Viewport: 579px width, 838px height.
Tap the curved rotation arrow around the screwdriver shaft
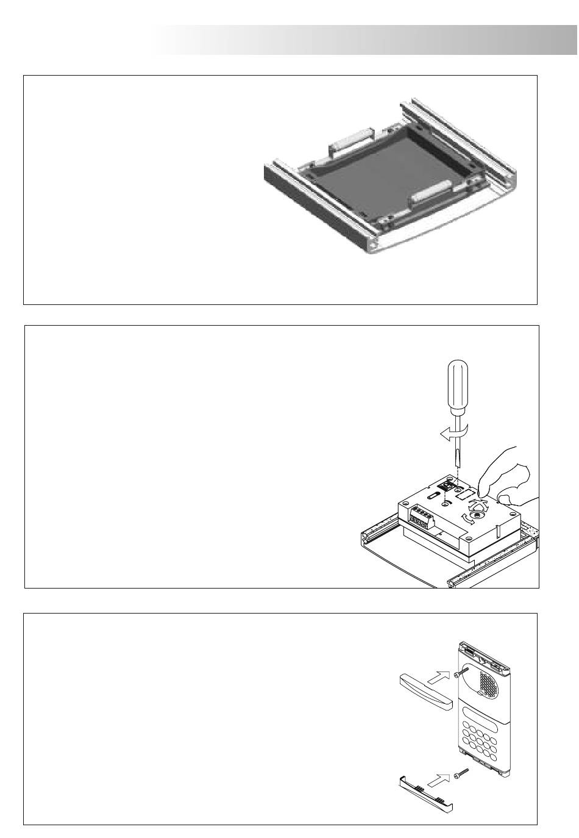click(x=451, y=432)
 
